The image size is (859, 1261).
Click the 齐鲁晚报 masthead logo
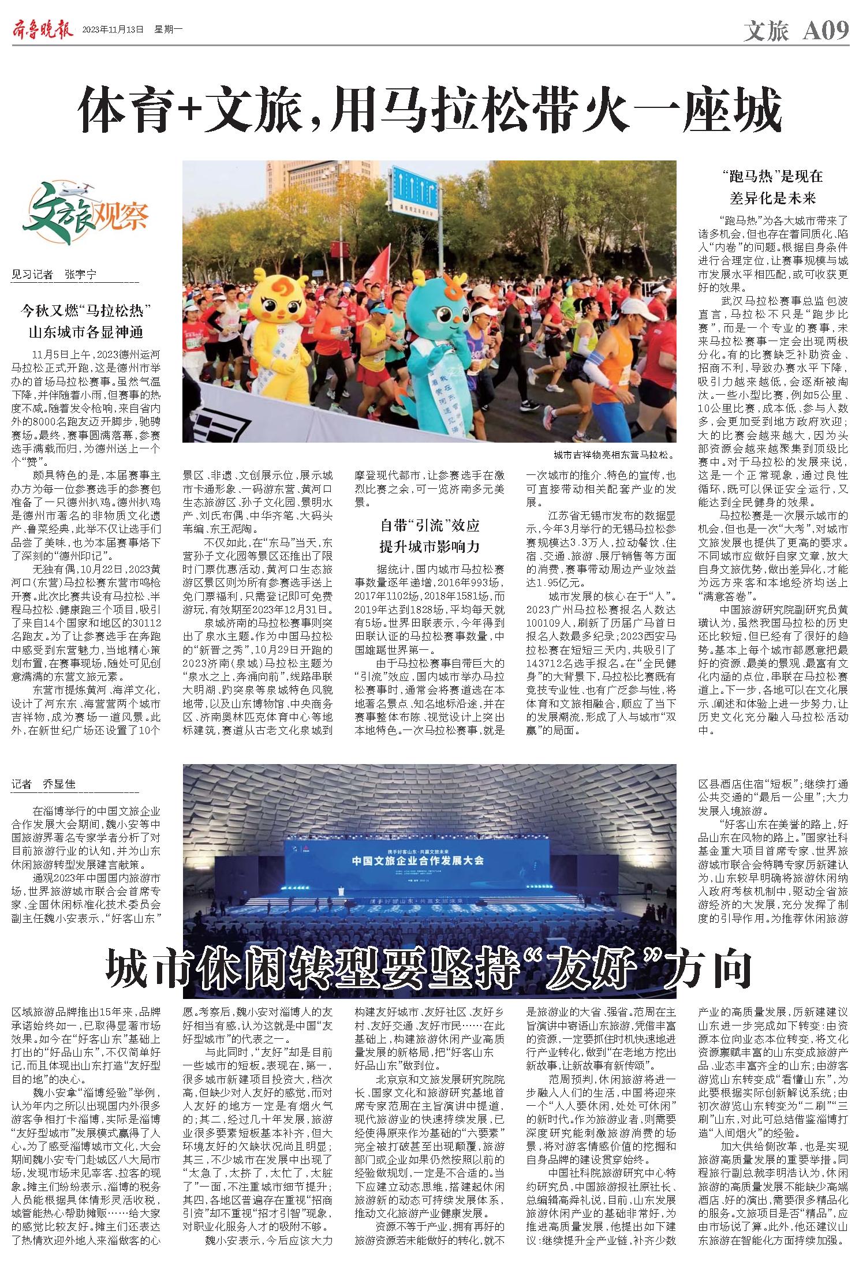click(42, 29)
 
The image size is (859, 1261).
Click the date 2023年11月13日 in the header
click(113, 30)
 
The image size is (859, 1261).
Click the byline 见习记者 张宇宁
click(54, 275)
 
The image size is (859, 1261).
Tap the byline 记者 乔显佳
click(44, 784)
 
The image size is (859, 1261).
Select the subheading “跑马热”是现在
click(772, 176)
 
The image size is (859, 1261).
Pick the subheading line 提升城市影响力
click(429, 546)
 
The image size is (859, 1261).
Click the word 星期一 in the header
click(168, 30)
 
